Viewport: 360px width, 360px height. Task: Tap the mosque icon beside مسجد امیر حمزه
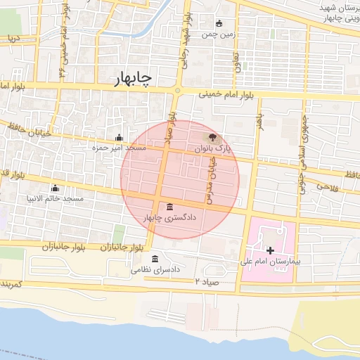[x=119, y=137]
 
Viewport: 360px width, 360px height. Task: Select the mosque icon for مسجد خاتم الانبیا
[x=55, y=188]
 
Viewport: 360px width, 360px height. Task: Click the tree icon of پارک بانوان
[x=213, y=137]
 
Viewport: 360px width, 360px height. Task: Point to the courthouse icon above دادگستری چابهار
[x=171, y=207]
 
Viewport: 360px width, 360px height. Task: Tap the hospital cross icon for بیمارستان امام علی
[x=270, y=250]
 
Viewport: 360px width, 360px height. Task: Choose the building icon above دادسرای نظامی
[x=155, y=258]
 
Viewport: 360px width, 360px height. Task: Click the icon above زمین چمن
[x=220, y=22]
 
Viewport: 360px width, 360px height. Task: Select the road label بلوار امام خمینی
[x=224, y=94]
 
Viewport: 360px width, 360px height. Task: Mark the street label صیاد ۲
[x=208, y=281]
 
